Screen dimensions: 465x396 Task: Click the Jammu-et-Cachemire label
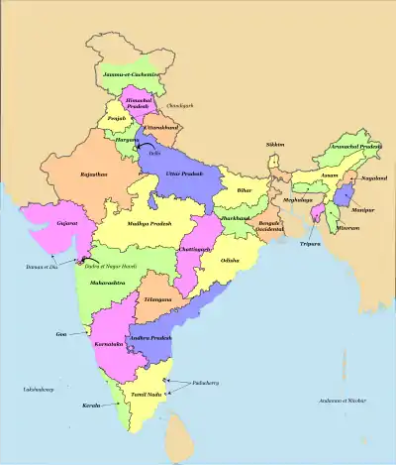(133, 75)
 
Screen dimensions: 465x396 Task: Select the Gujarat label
(68, 224)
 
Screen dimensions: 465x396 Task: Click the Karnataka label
(107, 343)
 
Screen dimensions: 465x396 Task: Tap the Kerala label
(93, 407)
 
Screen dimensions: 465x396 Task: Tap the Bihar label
(245, 189)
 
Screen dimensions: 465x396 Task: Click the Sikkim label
(274, 145)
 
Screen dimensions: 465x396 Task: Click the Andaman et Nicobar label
(342, 401)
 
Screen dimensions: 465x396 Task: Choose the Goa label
(63, 335)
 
